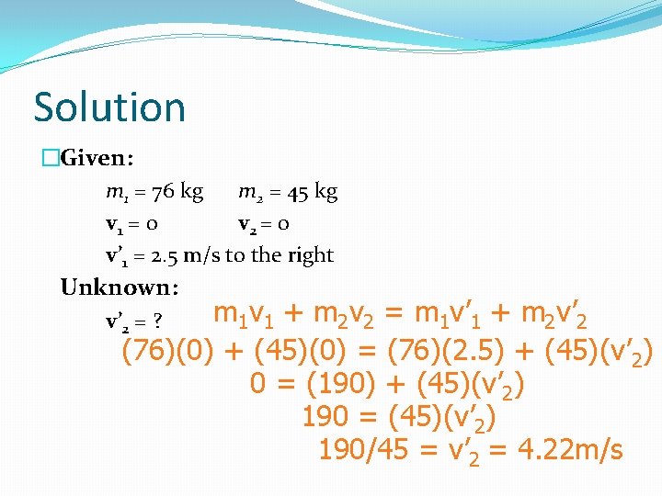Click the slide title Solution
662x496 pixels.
[109, 107]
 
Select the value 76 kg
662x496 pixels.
[177, 192]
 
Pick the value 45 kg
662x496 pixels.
[312, 192]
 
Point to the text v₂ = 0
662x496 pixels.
[265, 224]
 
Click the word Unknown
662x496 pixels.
[118, 287]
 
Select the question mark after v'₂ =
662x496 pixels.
[158, 322]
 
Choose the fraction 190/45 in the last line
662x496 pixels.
[364, 450]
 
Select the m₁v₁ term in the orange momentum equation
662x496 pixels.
[241, 315]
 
